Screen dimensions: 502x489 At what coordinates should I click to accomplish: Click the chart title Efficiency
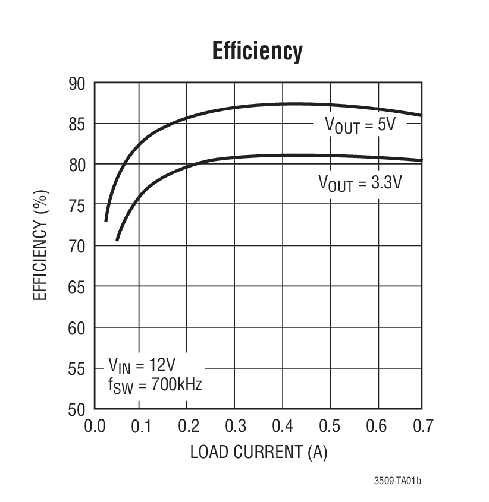(257, 52)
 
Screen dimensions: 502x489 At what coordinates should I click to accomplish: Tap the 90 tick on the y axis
(77, 84)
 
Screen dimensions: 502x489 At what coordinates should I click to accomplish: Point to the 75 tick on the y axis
(77, 206)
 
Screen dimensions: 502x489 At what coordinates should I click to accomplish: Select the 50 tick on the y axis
(77, 409)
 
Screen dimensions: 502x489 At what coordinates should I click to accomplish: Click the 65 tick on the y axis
(77, 287)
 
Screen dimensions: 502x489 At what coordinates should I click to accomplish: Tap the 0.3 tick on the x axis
(234, 426)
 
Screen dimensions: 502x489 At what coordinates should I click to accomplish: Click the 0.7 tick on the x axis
(422, 426)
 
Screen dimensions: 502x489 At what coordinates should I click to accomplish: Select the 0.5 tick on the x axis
(329, 426)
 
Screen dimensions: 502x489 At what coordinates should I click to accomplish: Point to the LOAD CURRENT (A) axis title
(259, 452)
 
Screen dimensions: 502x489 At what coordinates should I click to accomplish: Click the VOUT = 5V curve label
(359, 125)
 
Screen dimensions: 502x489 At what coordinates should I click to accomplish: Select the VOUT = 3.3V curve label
(361, 183)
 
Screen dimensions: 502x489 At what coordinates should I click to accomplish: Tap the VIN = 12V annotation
(142, 364)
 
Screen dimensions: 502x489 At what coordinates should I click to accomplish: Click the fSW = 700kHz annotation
(155, 384)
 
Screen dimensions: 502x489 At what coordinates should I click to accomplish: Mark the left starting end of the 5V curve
(106, 220)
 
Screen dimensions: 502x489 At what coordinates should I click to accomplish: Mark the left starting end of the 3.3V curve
(117, 239)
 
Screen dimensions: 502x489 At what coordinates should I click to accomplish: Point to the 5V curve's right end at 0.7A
(421, 115)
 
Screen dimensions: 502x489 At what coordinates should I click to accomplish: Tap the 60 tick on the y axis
(77, 328)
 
